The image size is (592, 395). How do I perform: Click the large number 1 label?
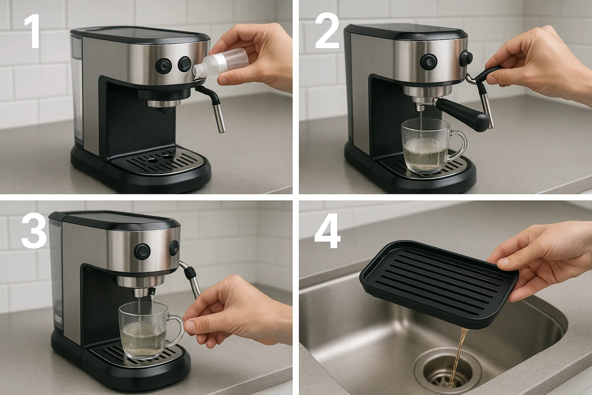(x=33, y=32)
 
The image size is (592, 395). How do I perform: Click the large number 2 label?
(x=327, y=32)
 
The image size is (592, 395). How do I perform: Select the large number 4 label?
(x=328, y=231)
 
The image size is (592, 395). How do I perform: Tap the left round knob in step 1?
(x=163, y=65)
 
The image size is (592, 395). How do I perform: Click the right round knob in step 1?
(x=184, y=64)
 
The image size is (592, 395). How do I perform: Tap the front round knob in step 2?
(x=428, y=61)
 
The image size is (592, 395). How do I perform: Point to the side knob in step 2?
(x=466, y=58)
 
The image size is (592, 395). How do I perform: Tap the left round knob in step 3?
(x=142, y=251)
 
